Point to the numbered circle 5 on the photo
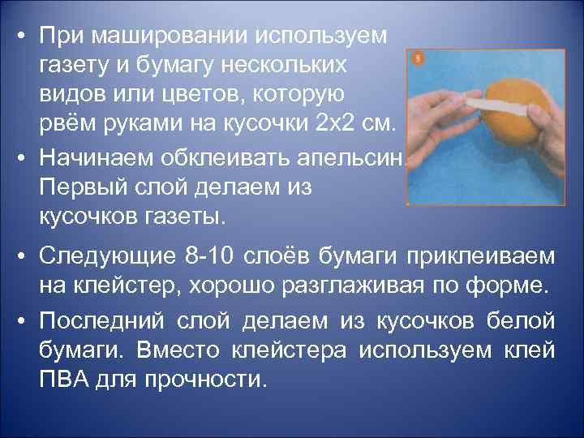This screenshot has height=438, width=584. pyautogui.click(x=416, y=59)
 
